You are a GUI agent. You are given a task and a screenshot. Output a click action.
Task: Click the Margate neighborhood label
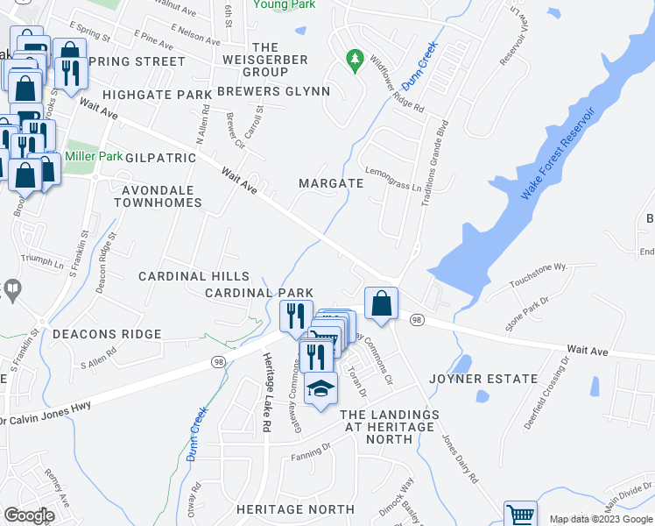pos(330,183)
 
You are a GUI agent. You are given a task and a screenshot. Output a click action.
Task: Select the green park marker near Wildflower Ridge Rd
pos(355,60)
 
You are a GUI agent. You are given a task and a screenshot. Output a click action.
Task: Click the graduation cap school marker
pos(320,388)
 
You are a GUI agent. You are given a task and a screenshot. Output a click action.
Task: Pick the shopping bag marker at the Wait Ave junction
pos(382,304)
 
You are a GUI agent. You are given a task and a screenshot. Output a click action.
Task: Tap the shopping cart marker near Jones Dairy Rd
pos(519,515)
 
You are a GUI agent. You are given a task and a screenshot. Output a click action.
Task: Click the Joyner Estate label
pos(483,379)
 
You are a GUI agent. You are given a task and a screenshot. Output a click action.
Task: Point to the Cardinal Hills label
pos(194,276)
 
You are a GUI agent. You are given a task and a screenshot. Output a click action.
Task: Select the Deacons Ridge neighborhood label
pos(107,334)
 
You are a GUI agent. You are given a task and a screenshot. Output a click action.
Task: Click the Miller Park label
pos(95,156)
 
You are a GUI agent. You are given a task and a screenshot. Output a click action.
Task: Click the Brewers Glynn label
pos(273,91)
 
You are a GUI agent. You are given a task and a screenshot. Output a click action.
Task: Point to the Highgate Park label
pos(157,94)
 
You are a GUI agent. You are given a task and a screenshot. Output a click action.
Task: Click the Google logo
pos(29,515)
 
